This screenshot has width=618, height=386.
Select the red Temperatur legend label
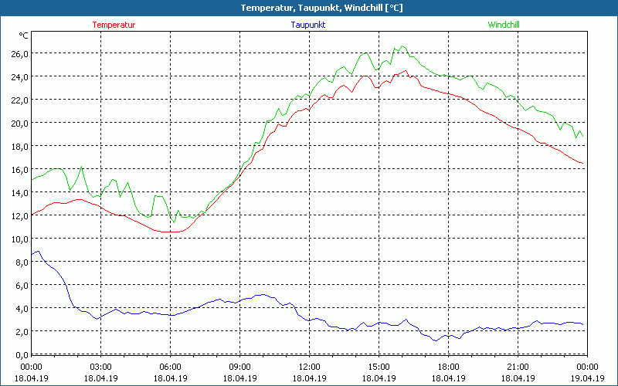point(114,25)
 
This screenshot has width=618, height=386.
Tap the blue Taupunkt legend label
point(308,25)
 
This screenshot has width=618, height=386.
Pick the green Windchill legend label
point(504,25)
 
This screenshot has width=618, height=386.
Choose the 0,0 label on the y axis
point(21,354)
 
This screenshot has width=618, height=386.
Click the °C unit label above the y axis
point(23,36)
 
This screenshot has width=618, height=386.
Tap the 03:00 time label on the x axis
point(101,367)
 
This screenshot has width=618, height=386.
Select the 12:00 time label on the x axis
point(309,367)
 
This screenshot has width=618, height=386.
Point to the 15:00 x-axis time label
point(379,367)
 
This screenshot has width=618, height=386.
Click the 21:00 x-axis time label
point(518,367)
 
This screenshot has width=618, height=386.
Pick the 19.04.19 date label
point(586,378)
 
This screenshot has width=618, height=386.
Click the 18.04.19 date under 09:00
point(239,378)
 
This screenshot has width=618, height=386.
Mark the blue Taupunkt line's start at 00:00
point(32,255)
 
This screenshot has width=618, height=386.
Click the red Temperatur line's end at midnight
point(582,163)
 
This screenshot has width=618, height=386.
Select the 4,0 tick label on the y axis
point(21,308)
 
